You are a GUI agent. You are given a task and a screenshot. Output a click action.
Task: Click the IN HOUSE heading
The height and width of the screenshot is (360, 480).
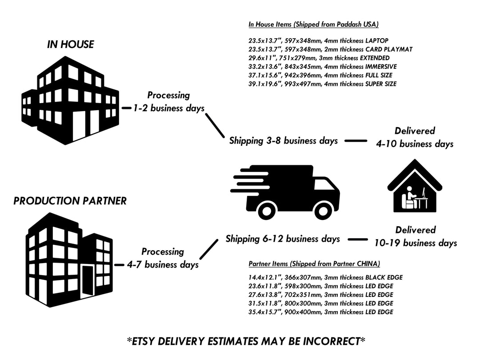71,44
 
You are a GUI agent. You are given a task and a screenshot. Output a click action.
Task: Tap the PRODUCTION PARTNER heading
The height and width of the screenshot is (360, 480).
70,201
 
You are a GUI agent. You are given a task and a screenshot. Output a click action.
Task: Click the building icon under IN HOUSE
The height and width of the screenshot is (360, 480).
71,101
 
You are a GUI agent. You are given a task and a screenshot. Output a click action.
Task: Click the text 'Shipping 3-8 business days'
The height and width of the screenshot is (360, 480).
283,141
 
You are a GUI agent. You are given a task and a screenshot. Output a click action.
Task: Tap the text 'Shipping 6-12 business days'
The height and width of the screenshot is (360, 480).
283,239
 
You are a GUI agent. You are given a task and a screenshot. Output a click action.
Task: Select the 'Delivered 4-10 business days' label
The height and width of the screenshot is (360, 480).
414,137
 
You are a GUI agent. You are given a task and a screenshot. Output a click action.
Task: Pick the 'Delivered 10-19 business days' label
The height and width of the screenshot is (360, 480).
415,236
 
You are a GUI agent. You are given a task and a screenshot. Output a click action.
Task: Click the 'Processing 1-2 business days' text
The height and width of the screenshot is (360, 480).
169,102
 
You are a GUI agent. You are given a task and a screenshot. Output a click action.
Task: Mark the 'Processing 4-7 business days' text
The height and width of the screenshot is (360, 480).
163,258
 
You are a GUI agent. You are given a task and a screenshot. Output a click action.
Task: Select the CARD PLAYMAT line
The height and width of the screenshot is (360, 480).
330,49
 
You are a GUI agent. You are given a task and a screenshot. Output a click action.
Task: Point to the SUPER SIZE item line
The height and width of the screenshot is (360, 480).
322,84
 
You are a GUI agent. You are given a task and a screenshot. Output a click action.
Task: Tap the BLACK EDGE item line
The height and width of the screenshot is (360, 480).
325,278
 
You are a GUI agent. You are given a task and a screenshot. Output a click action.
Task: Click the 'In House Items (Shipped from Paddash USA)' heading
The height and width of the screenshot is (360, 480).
313,24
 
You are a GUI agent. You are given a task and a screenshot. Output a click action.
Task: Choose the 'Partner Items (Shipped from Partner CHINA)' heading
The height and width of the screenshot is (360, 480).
314,264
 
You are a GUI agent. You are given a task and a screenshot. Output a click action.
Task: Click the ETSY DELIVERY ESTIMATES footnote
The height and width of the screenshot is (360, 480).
246,341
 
